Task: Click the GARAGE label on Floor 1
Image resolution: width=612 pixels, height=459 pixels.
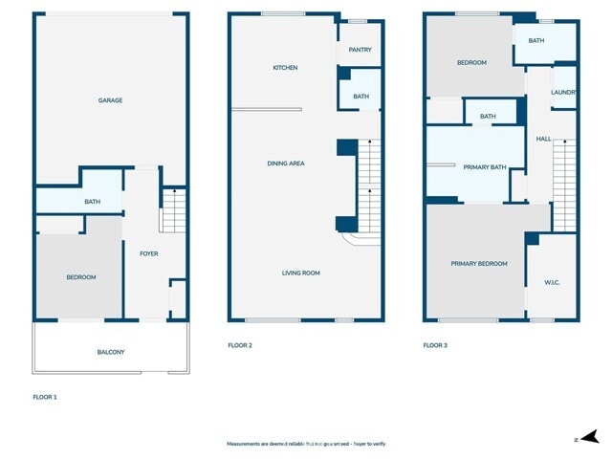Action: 110,100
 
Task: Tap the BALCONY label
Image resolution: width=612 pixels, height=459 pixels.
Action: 111,352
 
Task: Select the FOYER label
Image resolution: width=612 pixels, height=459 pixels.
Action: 149,253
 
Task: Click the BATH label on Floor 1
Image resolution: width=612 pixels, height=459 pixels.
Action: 92,202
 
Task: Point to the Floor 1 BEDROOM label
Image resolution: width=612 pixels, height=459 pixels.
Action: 80,277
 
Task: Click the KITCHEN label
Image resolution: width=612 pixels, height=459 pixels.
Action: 285,68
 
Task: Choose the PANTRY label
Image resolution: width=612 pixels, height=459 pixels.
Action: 361,50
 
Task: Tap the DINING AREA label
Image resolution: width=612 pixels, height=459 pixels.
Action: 285,164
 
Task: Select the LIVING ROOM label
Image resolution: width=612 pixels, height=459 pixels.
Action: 300,273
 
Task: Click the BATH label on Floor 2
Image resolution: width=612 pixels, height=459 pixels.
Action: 361,97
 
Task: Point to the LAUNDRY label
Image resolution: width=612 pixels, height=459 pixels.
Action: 564,92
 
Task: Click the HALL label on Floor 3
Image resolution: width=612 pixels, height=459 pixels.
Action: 543,139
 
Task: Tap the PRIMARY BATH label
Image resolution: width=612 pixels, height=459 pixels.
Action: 484,167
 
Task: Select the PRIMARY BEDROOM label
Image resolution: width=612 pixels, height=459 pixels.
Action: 479,263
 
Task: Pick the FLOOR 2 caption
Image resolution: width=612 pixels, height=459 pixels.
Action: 240,345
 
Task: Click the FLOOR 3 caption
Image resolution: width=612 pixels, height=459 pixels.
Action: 436,345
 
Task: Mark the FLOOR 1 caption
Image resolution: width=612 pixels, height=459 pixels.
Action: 45,396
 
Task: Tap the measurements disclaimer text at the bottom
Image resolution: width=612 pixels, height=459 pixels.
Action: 306,444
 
